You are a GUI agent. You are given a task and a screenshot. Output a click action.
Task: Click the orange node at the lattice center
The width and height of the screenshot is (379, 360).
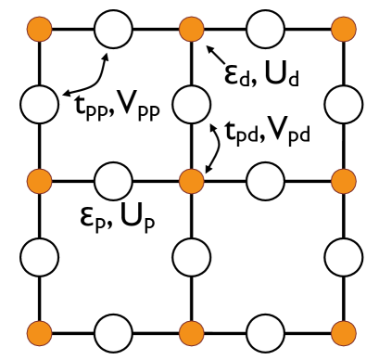tap(191, 178)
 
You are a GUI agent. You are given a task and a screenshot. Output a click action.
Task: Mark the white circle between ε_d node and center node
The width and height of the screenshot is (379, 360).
tap(191, 102)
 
